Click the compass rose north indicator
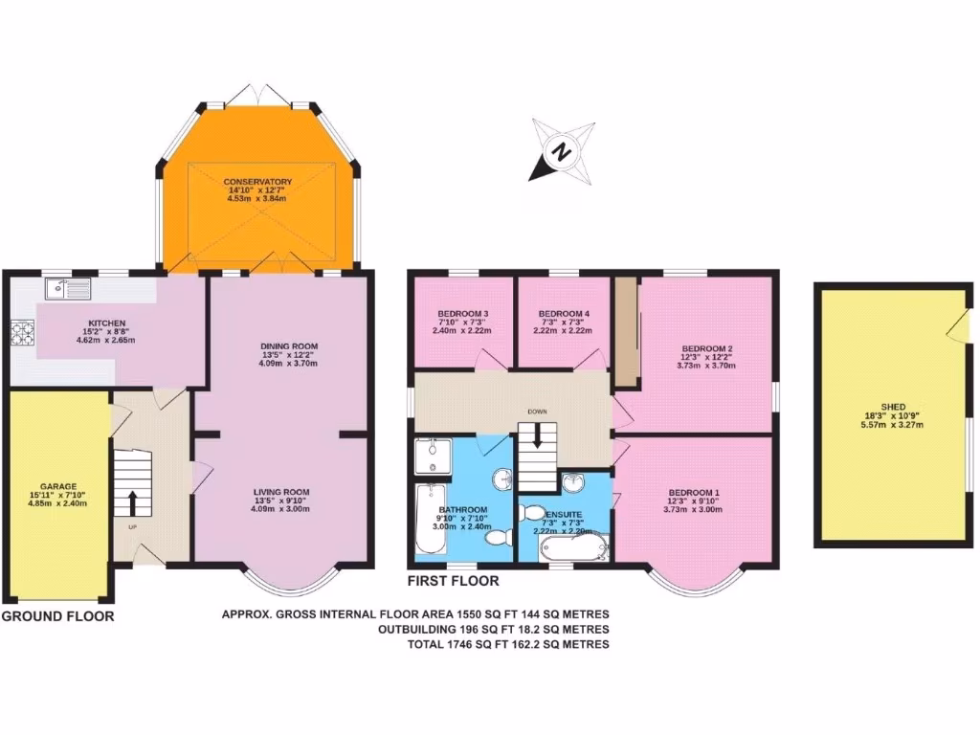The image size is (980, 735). point(563,151)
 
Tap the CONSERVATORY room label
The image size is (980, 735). point(257,182)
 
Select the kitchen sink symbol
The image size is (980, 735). point(67,285)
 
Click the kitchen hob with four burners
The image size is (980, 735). point(21,331)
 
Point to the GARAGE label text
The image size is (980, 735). point(58,486)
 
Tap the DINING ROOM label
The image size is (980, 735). point(289,346)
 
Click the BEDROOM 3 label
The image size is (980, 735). point(463,314)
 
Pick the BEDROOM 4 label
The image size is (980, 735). point(564,314)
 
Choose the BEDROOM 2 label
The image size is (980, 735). point(707,348)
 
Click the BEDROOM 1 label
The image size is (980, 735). point(694,492)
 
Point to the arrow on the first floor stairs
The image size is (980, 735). point(537,436)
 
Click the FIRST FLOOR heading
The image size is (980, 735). point(453,581)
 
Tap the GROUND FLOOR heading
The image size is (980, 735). point(57,616)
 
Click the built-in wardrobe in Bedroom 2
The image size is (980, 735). point(626,332)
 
